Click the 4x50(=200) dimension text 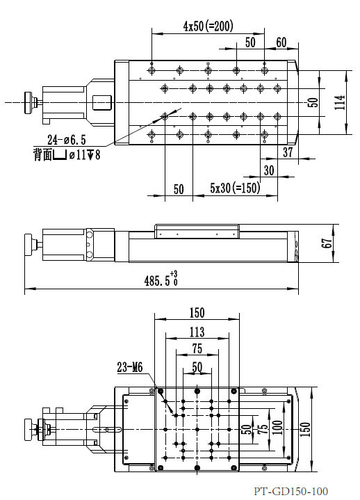tap(208, 26)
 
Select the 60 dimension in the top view tap(281, 42)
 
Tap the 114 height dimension tap(338, 102)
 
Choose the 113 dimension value tap(197, 332)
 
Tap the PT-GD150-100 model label tap(291, 491)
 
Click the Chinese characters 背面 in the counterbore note tap(42, 154)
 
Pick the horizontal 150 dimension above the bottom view tap(197, 314)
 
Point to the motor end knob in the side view tap(30, 244)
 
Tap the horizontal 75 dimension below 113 tap(197, 349)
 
